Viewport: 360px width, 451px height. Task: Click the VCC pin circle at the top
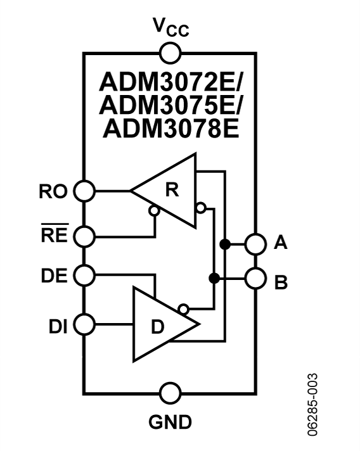(x=169, y=53)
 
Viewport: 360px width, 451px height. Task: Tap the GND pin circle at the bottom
(x=169, y=393)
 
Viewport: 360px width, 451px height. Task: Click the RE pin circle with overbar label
(x=84, y=237)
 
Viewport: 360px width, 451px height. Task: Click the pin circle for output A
(x=255, y=244)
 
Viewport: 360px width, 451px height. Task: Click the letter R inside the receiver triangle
(x=170, y=192)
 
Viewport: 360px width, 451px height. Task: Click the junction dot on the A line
(x=224, y=244)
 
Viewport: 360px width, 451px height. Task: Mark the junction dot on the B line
(x=214, y=277)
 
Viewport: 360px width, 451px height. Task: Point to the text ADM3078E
(x=169, y=129)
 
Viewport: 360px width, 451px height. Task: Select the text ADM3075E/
(x=169, y=106)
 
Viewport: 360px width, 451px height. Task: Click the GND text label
(x=169, y=421)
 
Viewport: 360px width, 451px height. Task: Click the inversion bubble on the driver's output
(x=183, y=308)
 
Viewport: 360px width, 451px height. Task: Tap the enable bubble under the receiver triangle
(x=153, y=211)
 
